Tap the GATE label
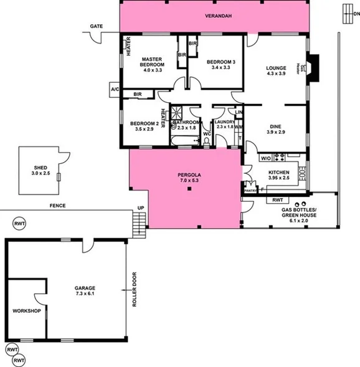point(95,26)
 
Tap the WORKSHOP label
point(27,310)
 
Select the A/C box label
point(115,90)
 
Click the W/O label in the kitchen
point(265,158)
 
